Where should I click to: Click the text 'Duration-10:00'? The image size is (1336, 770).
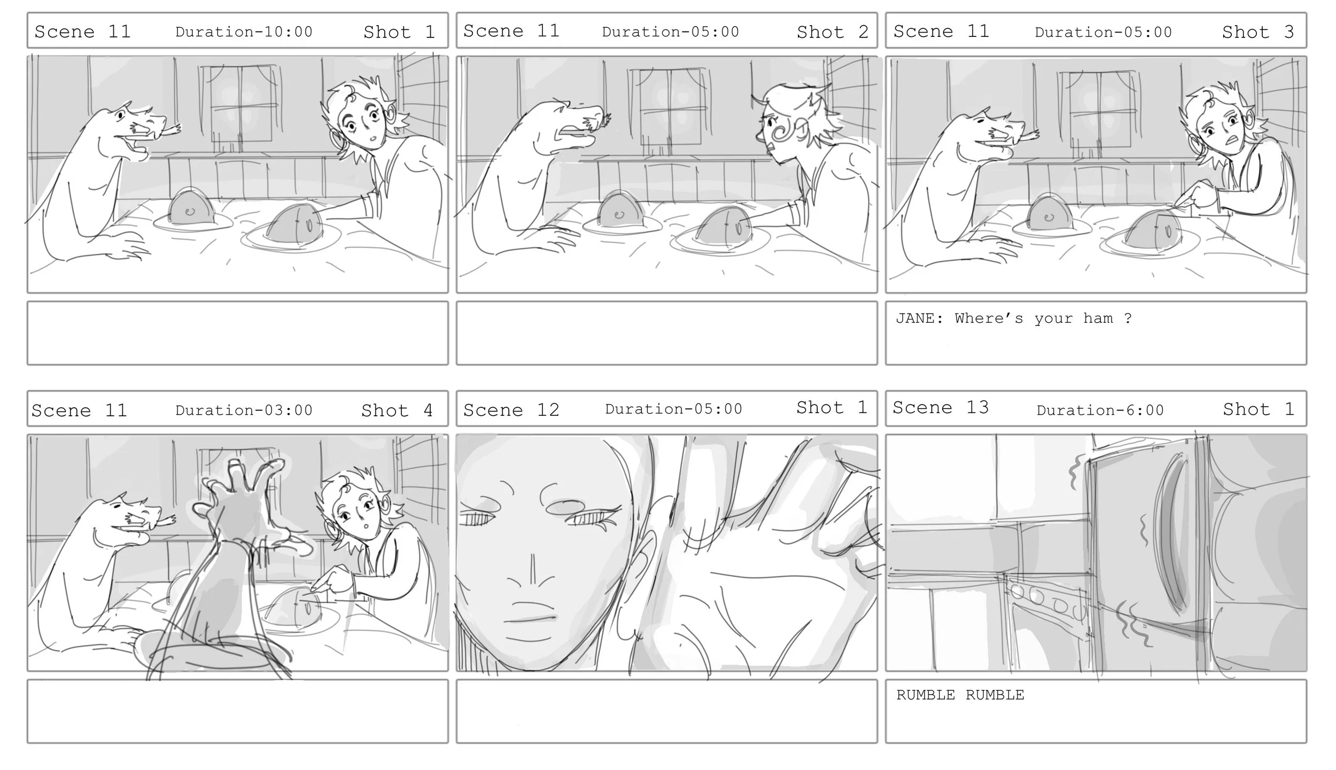tap(244, 32)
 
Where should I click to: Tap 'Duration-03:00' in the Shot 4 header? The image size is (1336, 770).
tap(244, 410)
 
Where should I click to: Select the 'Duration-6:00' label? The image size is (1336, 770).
tap(1100, 410)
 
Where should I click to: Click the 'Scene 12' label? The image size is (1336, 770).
tap(511, 410)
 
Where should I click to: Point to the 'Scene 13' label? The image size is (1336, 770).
tap(941, 408)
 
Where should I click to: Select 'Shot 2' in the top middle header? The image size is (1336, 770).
tap(832, 32)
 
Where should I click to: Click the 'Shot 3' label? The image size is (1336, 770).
tap(1258, 32)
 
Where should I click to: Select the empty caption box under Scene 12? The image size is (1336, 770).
tap(666, 711)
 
